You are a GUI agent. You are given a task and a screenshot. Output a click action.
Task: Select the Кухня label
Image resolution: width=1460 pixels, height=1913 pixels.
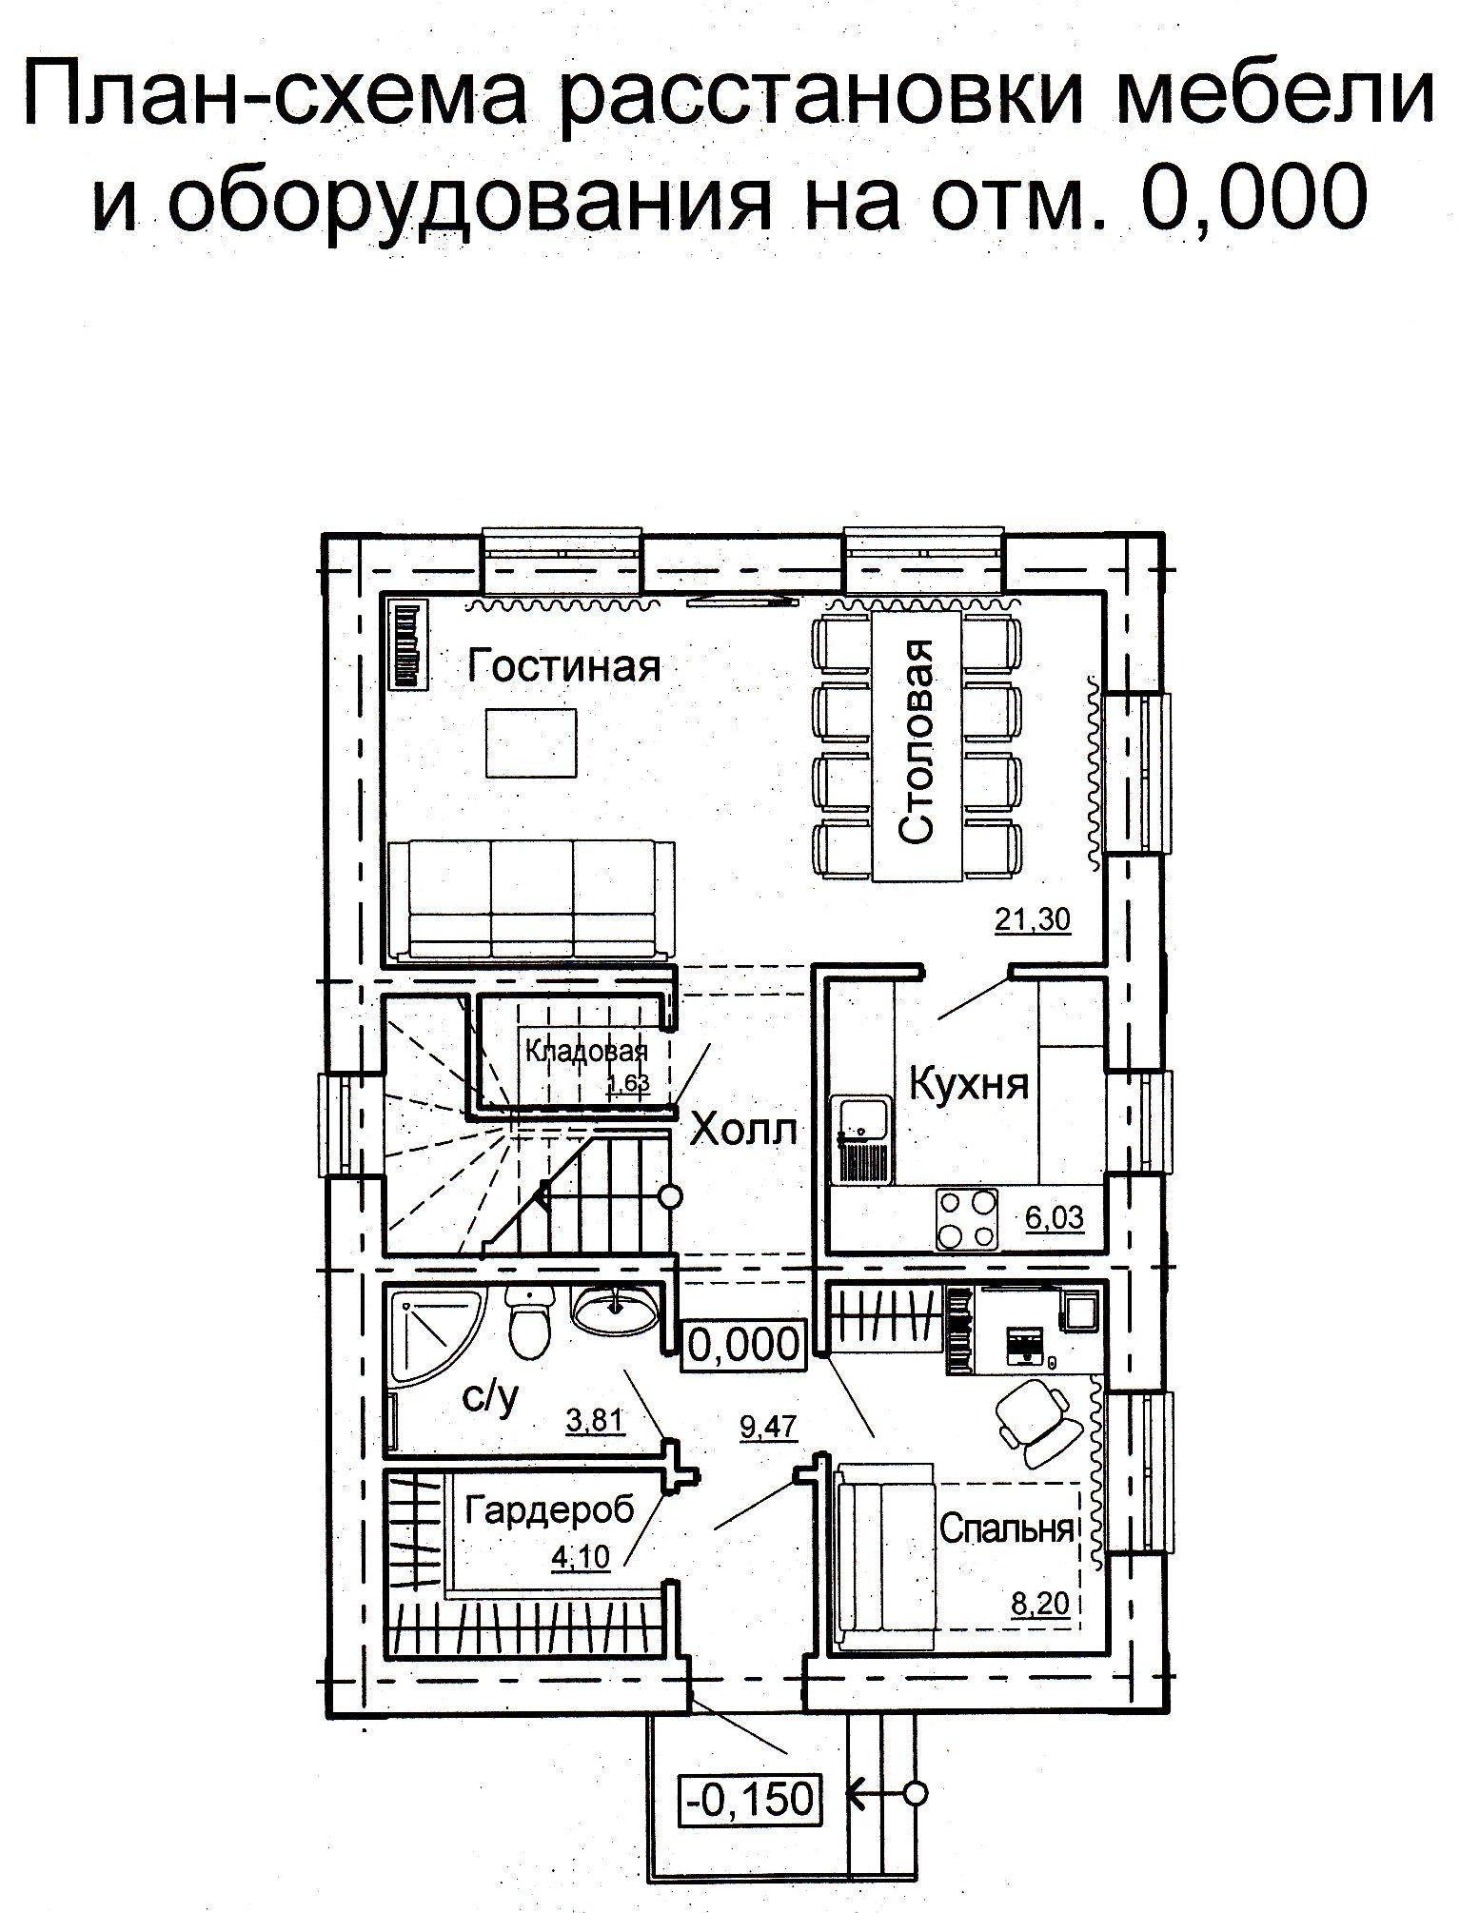pyautogui.click(x=970, y=1083)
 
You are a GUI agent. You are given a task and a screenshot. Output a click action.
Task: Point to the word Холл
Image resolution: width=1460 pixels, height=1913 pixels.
pyautogui.click(x=743, y=1130)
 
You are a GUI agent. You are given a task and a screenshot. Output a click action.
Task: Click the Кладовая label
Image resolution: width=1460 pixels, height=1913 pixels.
pyautogui.click(x=587, y=1052)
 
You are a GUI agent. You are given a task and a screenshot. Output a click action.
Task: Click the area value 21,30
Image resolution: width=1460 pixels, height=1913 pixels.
pyautogui.click(x=1033, y=919)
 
